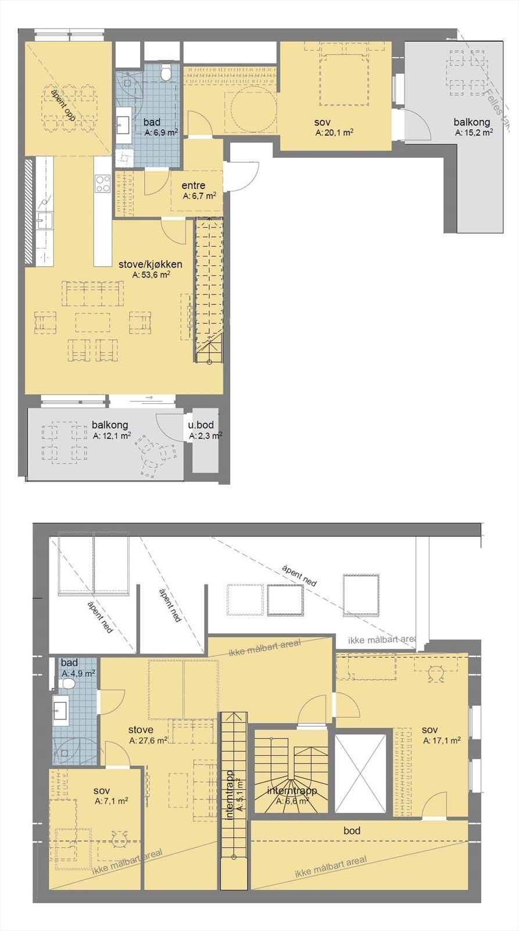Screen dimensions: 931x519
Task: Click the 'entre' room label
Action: tap(193, 186)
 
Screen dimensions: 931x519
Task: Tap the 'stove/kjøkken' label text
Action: tap(150, 264)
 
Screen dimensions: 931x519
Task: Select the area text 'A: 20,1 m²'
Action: tap(334, 133)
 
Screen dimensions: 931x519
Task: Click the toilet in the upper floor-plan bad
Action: tap(166, 72)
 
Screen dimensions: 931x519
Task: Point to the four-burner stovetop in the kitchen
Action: tap(103, 184)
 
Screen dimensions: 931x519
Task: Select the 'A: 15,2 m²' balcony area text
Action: tap(474, 132)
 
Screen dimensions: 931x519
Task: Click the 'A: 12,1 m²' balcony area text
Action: tap(112, 435)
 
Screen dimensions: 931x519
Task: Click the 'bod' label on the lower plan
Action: tap(352, 830)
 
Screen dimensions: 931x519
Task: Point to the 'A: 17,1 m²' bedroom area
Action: tap(442, 741)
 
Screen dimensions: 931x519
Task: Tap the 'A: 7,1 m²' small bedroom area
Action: tap(111, 801)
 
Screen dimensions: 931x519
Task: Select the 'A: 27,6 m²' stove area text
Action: tap(148, 741)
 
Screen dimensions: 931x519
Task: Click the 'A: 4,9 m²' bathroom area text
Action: tap(78, 673)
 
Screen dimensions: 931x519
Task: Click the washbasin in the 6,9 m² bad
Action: tap(123, 123)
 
